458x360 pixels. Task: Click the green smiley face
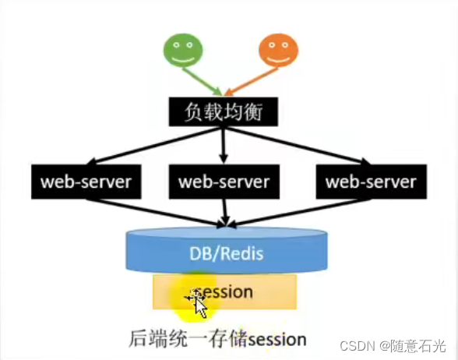point(183,51)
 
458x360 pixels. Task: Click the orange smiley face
point(279,50)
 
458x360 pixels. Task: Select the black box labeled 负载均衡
point(224,111)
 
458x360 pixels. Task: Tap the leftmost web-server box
point(86,182)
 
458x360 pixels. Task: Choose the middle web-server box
point(224,182)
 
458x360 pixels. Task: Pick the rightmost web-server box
point(372,182)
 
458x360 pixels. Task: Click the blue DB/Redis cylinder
point(227,251)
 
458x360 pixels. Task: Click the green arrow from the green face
point(203,82)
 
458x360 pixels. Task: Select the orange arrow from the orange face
point(252,82)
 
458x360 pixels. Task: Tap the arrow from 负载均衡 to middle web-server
point(224,145)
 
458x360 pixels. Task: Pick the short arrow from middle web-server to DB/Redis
point(225,213)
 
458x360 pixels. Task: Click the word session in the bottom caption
point(277,340)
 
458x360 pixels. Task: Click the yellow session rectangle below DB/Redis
point(224,291)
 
